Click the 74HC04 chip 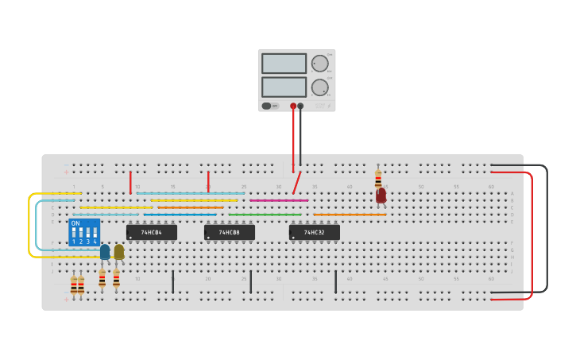click(x=151, y=232)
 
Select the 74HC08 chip click(x=229, y=232)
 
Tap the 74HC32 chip click(x=314, y=232)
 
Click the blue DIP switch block click(x=84, y=232)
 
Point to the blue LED click(x=105, y=252)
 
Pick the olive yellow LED click(x=119, y=252)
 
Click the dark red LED click(x=381, y=195)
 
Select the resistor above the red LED click(x=378, y=179)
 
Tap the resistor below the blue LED click(x=102, y=278)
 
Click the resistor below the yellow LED click(x=116, y=278)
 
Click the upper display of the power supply click(x=284, y=64)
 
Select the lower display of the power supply click(x=284, y=87)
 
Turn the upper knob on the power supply click(x=319, y=64)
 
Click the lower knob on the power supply click(x=319, y=87)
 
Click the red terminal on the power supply click(x=293, y=106)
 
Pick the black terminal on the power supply click(x=300, y=106)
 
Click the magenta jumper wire click(x=278, y=200)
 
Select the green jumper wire click(x=265, y=215)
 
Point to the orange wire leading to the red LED click(x=350, y=215)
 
